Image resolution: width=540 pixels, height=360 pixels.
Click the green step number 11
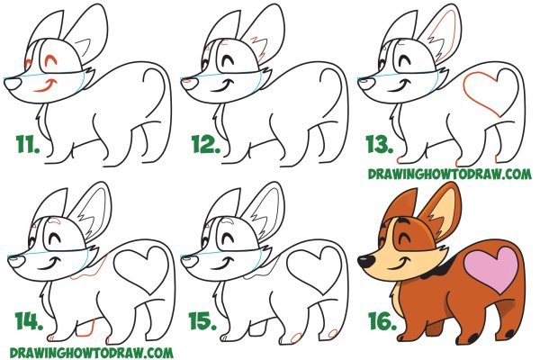pos(28,144)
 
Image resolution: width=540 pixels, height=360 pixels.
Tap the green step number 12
pos(205,144)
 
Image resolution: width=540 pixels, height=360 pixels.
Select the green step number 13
pos(379,144)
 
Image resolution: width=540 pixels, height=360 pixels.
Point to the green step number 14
pos(29,321)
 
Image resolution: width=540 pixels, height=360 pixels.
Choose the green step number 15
pos(203,321)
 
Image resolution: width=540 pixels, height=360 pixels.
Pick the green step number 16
pos(382,321)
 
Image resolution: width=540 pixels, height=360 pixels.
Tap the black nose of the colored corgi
pos(365,261)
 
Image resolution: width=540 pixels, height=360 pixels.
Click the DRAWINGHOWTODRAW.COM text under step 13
pos(449,174)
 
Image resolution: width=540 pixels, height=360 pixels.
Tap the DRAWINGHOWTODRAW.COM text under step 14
pos(91,353)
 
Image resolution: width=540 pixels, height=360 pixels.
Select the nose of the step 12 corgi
pos(190,83)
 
